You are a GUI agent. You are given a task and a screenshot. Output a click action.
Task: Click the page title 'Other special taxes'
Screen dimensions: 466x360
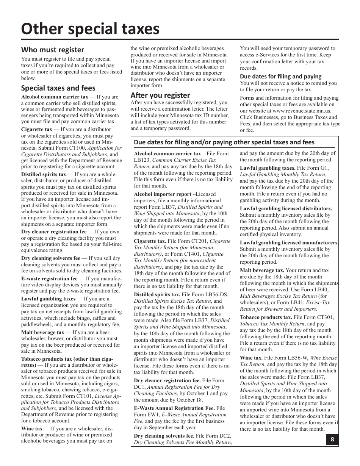91,29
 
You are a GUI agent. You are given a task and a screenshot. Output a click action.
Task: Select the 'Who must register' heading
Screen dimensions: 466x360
53,50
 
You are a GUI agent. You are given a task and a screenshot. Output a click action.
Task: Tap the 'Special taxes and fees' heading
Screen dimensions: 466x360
58,88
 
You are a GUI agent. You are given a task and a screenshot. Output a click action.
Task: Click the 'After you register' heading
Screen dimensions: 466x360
160,95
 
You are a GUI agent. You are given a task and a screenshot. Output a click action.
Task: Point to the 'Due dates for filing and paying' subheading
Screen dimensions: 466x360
280,76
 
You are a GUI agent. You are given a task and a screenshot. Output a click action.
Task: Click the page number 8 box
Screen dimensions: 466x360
332,439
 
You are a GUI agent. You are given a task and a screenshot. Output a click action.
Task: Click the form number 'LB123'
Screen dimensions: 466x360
142,160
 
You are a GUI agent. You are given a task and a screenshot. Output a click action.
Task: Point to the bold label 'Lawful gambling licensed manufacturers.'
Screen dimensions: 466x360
289,242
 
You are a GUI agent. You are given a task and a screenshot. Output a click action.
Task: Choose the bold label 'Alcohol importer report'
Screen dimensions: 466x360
163,194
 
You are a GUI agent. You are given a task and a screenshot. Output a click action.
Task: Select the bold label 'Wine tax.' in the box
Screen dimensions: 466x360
251,358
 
